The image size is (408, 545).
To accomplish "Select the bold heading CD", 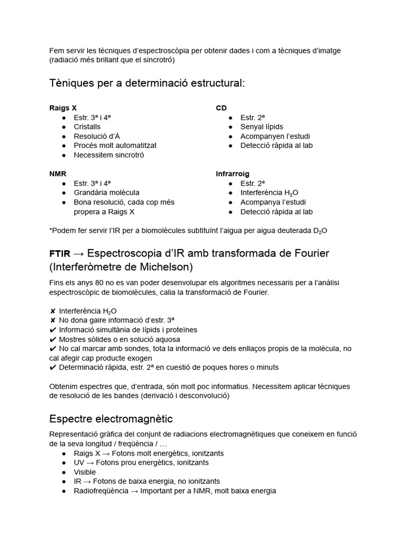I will pos(221,108).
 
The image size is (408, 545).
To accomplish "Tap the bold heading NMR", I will pos(57,174).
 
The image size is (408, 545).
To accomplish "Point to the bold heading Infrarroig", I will pos(232,174).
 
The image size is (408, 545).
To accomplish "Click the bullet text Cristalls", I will pos(87,127).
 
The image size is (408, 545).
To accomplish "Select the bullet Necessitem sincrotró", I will pos(109,155).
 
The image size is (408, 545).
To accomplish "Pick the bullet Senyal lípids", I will pos(261,127).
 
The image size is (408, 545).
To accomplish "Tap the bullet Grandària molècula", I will pos(107,192).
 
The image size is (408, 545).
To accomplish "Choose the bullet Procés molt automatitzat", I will pos(115,145).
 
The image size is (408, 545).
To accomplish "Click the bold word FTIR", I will pos(59,253).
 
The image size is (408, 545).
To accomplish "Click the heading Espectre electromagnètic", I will pos(110,418).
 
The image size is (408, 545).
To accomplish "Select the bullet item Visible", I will pos(85,472).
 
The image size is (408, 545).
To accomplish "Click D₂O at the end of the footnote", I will pos(320,230).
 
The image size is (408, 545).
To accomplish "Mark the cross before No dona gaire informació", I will pos(53,320).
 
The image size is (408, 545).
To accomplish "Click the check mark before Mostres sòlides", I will pos(53,339).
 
